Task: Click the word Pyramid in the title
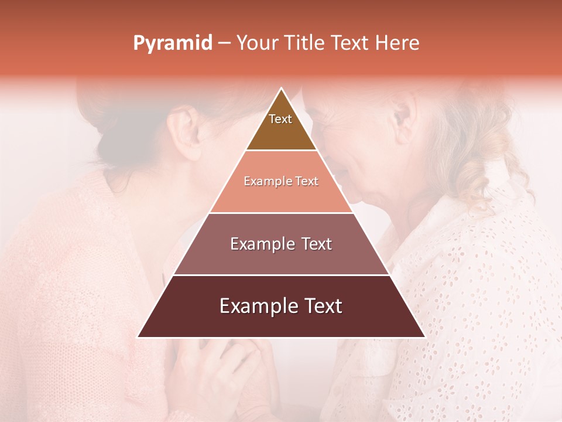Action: [x=172, y=43]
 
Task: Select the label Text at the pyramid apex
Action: [x=280, y=119]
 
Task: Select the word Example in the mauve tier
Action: [x=261, y=244]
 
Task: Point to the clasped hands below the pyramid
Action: [x=234, y=369]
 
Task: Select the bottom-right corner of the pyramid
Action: [x=424, y=337]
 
